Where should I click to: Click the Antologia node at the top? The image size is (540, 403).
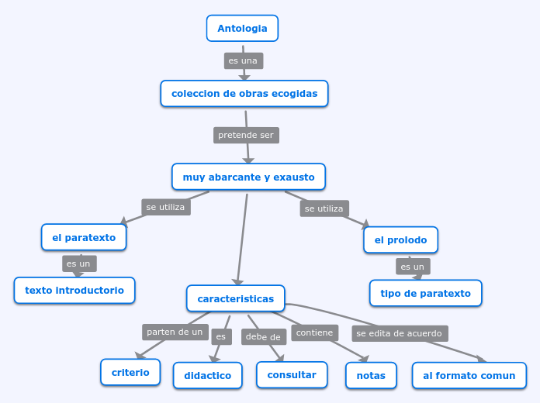pos(242,29)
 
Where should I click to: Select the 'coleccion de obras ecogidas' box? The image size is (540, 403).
pos(244,94)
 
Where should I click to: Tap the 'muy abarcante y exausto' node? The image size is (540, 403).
pos(248,177)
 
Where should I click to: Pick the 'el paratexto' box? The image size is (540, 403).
pos(84,237)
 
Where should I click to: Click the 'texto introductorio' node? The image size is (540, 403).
pos(74,291)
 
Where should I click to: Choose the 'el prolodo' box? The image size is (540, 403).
pos(400,240)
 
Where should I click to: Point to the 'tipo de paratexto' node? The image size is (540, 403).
pos(425,294)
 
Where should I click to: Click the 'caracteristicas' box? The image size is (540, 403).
pos(235,298)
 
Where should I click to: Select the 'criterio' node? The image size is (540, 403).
pos(130,372)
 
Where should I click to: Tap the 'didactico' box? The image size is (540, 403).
pos(207,375)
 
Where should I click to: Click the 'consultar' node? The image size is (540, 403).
pos(292,374)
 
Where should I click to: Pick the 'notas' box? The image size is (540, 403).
pos(371,375)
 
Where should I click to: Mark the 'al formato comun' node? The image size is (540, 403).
pos(469,375)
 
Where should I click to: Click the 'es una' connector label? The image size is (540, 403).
pos(243,60)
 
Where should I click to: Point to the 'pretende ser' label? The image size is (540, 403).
pos(246,135)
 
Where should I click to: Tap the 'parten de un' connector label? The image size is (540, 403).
pos(175,332)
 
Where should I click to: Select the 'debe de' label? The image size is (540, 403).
pos(264,336)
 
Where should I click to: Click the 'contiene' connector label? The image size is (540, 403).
pos(314,332)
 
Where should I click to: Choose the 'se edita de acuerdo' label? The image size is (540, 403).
pos(399,333)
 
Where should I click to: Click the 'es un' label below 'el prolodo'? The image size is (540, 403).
pos(412,267)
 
